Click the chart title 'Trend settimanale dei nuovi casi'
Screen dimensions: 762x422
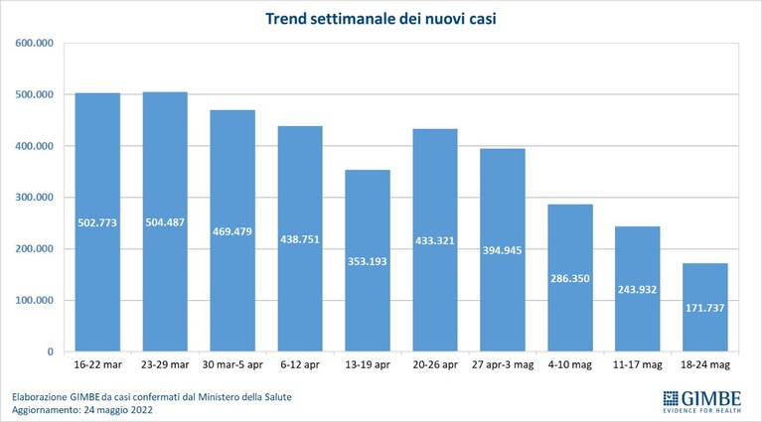click(x=381, y=19)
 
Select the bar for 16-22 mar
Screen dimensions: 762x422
click(x=97, y=222)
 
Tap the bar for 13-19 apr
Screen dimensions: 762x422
click(x=368, y=260)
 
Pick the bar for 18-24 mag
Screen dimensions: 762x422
click(x=705, y=307)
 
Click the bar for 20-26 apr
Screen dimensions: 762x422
click(x=435, y=240)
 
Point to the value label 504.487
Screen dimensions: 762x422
click(x=165, y=222)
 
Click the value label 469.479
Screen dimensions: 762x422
click(x=232, y=231)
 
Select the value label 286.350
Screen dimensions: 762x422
click(x=570, y=279)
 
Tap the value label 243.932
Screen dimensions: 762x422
click(x=637, y=290)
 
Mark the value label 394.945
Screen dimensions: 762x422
click(x=502, y=250)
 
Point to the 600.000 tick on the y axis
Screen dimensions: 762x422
click(x=34, y=43)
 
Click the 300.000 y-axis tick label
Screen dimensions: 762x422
click(x=34, y=198)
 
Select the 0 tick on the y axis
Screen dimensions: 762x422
click(x=50, y=352)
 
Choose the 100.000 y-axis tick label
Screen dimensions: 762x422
click(x=34, y=300)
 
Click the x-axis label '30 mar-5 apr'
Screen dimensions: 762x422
click(x=232, y=364)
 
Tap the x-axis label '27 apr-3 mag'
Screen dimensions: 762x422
click(x=503, y=364)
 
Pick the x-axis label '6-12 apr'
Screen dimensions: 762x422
click(x=300, y=364)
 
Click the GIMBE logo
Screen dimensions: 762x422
click(x=702, y=401)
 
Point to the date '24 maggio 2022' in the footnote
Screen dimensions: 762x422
click(x=117, y=410)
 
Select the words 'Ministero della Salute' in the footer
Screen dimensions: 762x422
click(x=244, y=397)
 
